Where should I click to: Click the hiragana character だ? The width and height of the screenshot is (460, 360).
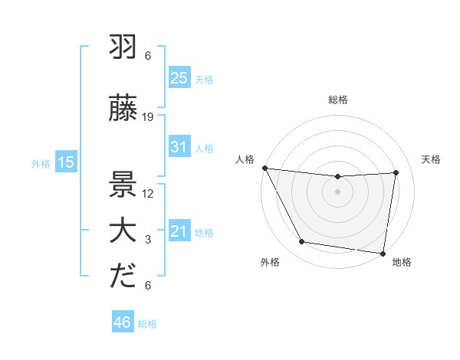coord(123,276)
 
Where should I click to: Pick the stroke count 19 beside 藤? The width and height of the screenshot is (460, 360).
coord(149,117)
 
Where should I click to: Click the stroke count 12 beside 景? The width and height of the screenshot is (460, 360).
coord(149,193)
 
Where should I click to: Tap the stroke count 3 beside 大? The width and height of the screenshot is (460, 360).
coord(149,241)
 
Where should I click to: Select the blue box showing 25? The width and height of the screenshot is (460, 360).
coord(179,77)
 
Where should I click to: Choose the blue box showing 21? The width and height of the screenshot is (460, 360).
coord(179,231)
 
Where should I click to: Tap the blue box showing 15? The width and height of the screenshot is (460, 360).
coord(66,162)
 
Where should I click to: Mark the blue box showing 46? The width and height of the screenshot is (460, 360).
coord(122,322)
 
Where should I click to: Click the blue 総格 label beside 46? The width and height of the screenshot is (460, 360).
coord(147,324)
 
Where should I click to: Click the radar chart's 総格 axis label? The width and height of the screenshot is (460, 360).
coord(337,100)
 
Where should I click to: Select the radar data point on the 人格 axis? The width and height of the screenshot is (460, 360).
coord(265,168)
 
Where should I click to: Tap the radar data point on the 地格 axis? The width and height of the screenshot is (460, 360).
coord(383,253)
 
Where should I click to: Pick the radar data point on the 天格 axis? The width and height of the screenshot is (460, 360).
coord(396,172)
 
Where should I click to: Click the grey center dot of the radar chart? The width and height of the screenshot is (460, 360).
coord(337,191)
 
